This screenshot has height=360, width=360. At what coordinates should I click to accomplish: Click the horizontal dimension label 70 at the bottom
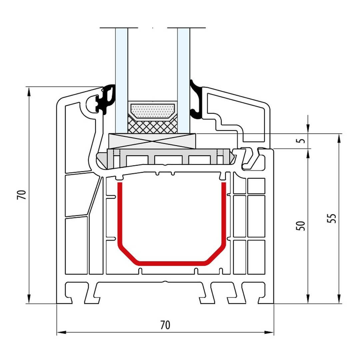click(x=165, y=325)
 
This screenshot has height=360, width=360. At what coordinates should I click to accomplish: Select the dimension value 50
click(x=301, y=226)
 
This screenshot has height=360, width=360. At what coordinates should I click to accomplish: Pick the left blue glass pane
click(x=121, y=81)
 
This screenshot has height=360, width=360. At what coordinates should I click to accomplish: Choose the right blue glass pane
click(x=184, y=81)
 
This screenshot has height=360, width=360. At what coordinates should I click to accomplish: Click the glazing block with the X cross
click(x=152, y=141)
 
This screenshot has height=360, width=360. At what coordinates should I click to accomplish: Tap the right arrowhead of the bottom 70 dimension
click(x=269, y=332)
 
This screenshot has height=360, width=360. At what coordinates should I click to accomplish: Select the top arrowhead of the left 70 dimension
click(x=29, y=92)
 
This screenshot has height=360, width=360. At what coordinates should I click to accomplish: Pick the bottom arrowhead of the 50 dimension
click(x=308, y=299)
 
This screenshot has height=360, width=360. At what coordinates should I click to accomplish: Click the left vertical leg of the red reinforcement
click(x=120, y=214)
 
